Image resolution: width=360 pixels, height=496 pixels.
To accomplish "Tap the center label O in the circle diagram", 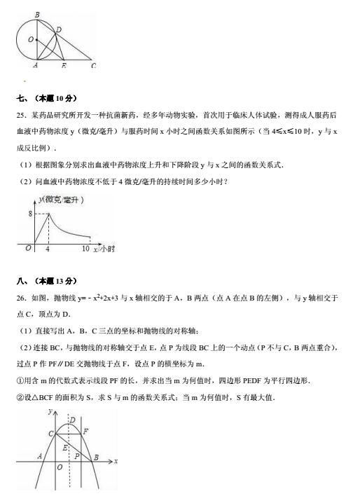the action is [x=31, y=39].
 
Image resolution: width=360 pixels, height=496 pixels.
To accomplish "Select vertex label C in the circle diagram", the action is [x=93, y=66].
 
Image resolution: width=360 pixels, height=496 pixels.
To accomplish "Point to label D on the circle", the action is [x=59, y=29].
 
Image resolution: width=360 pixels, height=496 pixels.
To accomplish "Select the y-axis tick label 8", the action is [x=30, y=213].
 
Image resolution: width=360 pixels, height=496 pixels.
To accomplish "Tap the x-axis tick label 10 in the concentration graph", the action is [x=85, y=249].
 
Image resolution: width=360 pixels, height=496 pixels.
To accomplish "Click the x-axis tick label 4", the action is [x=48, y=249].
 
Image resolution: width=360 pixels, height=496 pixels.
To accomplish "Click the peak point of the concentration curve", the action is [x=48, y=213].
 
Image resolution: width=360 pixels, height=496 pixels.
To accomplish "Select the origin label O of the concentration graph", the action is [x=28, y=248].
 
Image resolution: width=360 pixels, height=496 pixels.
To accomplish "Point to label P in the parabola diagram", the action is [x=77, y=455].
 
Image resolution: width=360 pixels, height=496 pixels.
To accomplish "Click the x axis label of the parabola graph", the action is [x=115, y=461].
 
